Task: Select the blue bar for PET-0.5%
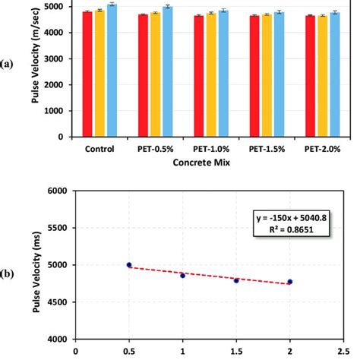point(167,72)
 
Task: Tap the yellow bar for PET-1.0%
point(212,75)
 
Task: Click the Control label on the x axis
point(99,150)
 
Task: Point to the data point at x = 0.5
point(129,265)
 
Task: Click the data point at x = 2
point(289,282)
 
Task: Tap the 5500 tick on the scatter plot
point(58,228)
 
